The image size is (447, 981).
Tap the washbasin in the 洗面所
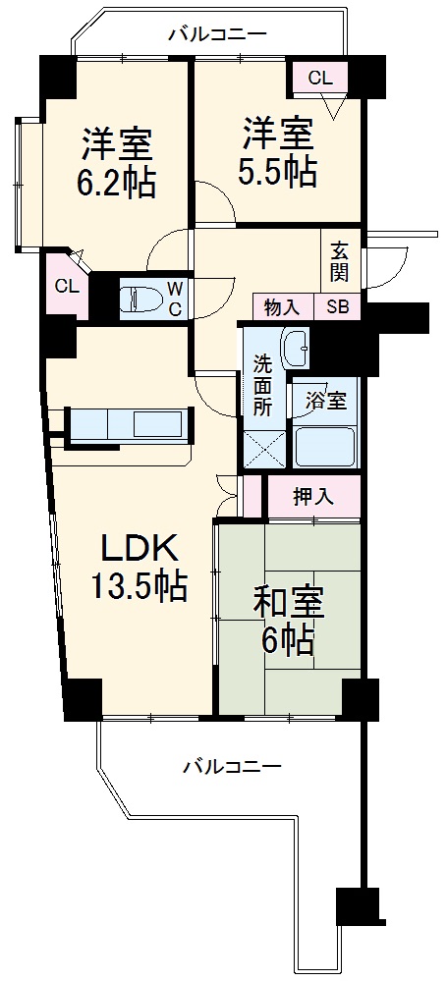click(296, 348)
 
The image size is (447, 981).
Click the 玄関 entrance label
click(341, 261)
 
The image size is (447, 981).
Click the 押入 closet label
click(314, 497)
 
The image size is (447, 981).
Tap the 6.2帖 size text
click(116, 183)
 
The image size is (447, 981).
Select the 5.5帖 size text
click(276, 172)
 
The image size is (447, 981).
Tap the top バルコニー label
click(218, 33)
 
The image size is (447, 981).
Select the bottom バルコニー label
click(232, 766)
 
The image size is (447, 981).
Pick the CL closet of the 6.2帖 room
click(67, 287)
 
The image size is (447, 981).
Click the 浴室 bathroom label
click(325, 401)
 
